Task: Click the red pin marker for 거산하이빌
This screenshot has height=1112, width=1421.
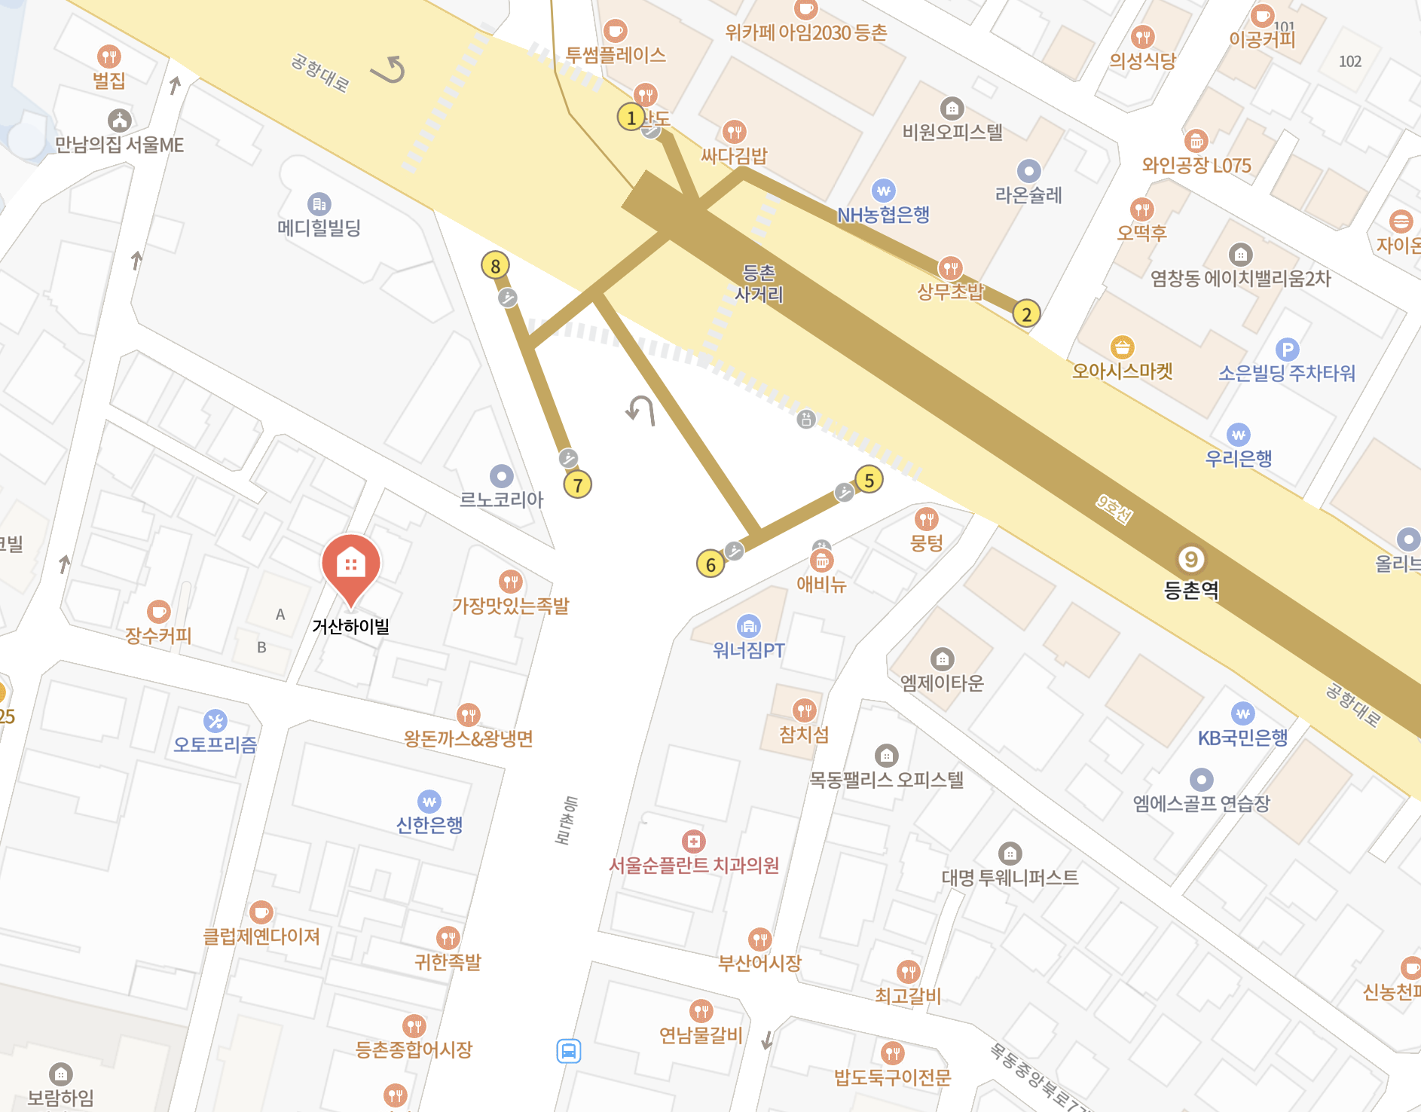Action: (x=350, y=565)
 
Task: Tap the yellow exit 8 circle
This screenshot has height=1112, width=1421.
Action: (x=495, y=265)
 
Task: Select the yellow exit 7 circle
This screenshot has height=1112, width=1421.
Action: (x=578, y=484)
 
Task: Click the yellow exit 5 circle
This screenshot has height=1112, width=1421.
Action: (x=869, y=480)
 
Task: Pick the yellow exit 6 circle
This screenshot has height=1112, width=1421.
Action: (x=710, y=564)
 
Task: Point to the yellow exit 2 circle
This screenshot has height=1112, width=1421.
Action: (x=1026, y=313)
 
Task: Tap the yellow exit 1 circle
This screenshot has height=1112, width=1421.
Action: (x=631, y=117)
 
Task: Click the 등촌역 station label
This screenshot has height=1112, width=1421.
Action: (x=1191, y=590)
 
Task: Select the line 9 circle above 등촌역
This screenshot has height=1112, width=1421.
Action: (x=1191, y=559)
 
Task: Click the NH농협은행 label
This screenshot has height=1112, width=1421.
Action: (x=884, y=215)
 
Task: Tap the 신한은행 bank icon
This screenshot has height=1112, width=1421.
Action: (x=429, y=801)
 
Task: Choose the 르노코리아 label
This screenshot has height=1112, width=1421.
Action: (x=502, y=499)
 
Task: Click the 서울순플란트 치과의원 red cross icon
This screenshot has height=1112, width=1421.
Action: (x=693, y=841)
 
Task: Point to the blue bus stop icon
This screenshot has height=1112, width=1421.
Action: (x=569, y=1050)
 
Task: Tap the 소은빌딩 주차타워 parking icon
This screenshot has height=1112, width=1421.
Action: (x=1287, y=349)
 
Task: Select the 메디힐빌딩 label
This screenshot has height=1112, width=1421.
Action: (x=319, y=228)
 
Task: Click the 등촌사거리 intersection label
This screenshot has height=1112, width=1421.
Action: (x=759, y=283)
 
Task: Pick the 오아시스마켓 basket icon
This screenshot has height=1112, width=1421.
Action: (x=1123, y=347)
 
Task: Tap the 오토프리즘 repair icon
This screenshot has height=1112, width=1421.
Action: (x=215, y=721)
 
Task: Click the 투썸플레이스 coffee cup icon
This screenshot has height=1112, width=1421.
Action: (x=616, y=31)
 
